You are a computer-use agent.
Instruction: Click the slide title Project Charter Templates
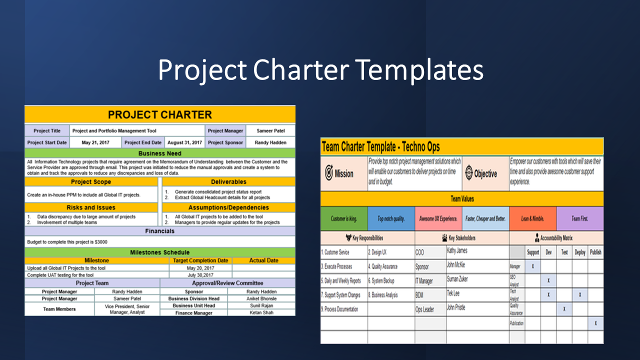pos(320,69)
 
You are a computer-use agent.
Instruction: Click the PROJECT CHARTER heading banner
pos(160,114)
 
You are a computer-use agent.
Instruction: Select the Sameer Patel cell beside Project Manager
pos(270,131)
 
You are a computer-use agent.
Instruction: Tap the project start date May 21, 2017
pos(95,142)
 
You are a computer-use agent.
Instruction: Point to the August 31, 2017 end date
pos(185,142)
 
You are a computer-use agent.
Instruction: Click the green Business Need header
pos(160,153)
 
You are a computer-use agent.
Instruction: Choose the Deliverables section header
pos(228,182)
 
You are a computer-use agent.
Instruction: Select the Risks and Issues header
pos(91,207)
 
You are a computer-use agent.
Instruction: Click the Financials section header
pos(160,231)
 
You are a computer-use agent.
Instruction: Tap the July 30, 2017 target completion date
pos(200,275)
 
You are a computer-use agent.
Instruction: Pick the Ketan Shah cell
pos(261,312)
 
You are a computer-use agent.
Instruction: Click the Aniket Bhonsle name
pos(261,298)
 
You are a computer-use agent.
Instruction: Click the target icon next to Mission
pos(329,173)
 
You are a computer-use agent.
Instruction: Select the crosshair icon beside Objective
pos(468,173)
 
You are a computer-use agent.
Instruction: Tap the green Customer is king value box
pos(344,218)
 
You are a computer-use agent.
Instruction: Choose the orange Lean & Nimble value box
pos(532,218)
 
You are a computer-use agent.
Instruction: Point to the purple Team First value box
pos(579,218)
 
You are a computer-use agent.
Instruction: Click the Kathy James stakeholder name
pos(457,251)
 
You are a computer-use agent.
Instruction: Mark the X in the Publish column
pos(595,323)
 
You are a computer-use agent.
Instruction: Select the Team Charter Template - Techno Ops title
pos(380,147)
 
